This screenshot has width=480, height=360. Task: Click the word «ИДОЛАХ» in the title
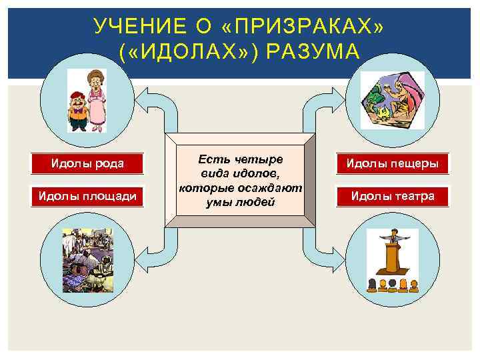click(x=187, y=52)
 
